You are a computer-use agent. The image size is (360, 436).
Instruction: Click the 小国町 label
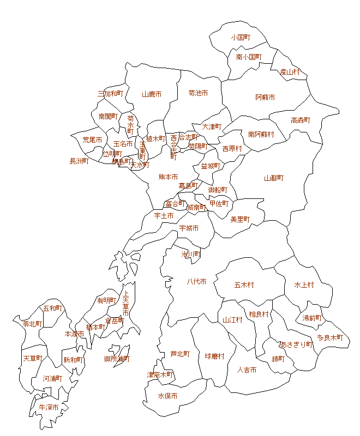point(240,38)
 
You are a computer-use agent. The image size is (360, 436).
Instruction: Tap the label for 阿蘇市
point(265,98)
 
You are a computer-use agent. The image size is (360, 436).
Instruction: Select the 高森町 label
point(300,120)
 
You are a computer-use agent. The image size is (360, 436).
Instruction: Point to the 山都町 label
point(274,178)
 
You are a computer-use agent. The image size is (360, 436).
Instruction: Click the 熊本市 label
point(168,177)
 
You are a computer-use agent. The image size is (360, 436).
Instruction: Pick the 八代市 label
point(196,282)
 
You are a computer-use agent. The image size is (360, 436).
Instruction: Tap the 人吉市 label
point(247,370)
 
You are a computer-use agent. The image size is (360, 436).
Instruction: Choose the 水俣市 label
point(167,396)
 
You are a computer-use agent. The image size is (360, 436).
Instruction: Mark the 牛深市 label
point(49,407)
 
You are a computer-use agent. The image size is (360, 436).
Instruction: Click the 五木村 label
point(244,285)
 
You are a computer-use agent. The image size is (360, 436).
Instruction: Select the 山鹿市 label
point(152,94)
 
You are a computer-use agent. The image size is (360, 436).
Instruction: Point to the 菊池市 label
point(198,93)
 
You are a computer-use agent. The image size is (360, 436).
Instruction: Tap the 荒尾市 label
point(92,140)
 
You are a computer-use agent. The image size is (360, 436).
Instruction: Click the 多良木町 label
point(330,338)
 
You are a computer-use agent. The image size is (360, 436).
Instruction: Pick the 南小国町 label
point(249,57)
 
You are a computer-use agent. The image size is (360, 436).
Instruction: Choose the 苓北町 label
point(32,324)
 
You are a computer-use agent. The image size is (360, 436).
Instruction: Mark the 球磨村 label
point(214,356)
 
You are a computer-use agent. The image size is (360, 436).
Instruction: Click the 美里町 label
point(239,220)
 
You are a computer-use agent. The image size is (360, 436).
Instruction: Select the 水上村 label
point(304,285)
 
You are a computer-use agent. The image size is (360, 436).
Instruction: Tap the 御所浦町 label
point(117,359)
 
